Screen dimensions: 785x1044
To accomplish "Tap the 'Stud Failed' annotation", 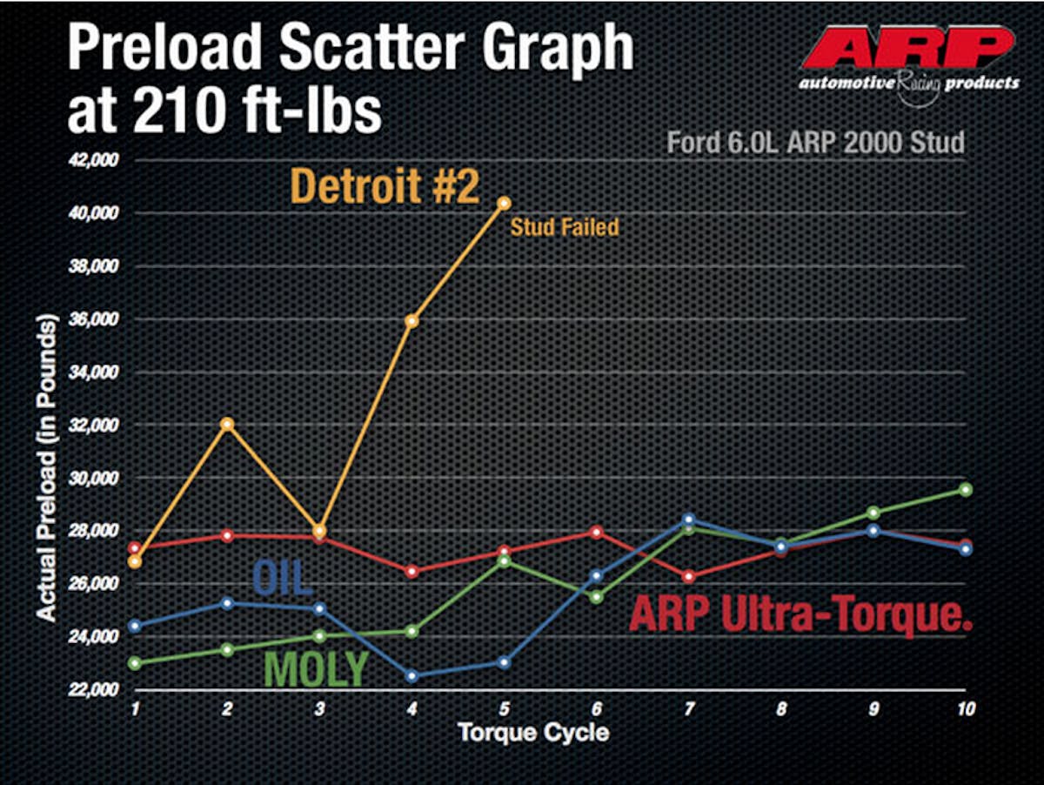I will tap(565, 228).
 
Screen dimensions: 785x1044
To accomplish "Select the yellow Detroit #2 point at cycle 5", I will tap(504, 203).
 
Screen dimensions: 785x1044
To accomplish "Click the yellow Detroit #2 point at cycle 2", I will tap(228, 424).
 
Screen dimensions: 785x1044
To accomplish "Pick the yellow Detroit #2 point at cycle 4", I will tap(412, 321).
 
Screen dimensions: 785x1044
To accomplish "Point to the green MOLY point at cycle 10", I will tap(965, 489).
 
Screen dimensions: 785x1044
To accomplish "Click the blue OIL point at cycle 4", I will tap(412, 676).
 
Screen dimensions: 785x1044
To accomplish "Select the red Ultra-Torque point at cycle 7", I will tap(688, 576).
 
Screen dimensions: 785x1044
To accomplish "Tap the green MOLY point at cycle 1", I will tap(136, 662).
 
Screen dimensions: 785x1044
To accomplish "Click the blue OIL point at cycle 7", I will tap(688, 519).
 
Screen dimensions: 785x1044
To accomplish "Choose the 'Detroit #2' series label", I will tap(385, 186).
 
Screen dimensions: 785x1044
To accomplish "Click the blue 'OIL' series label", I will tap(283, 577).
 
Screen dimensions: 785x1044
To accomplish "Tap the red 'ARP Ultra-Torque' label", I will tap(800, 614).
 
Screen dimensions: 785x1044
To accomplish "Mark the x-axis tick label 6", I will tap(597, 709).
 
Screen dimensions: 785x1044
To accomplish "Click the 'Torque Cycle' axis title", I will tap(533, 732).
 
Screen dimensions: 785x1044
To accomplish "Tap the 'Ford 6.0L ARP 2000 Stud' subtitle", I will tap(815, 142).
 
